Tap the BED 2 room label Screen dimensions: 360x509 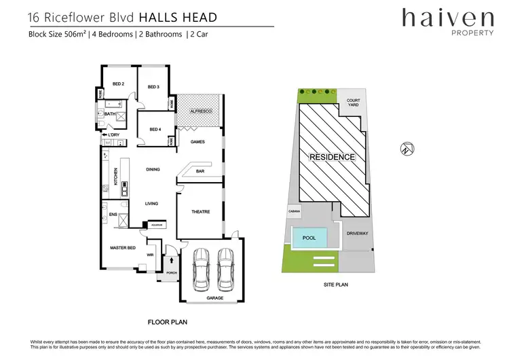click(118, 84)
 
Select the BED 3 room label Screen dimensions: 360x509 click(153, 87)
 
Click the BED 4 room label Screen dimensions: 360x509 click(155, 129)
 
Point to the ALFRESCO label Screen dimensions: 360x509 click(201, 110)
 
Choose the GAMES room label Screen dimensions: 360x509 click(197, 142)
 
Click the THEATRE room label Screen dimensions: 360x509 click(200, 212)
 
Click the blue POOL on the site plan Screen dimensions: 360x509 click(310, 238)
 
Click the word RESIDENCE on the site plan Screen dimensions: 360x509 click(332, 157)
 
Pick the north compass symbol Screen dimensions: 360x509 click(407, 148)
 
